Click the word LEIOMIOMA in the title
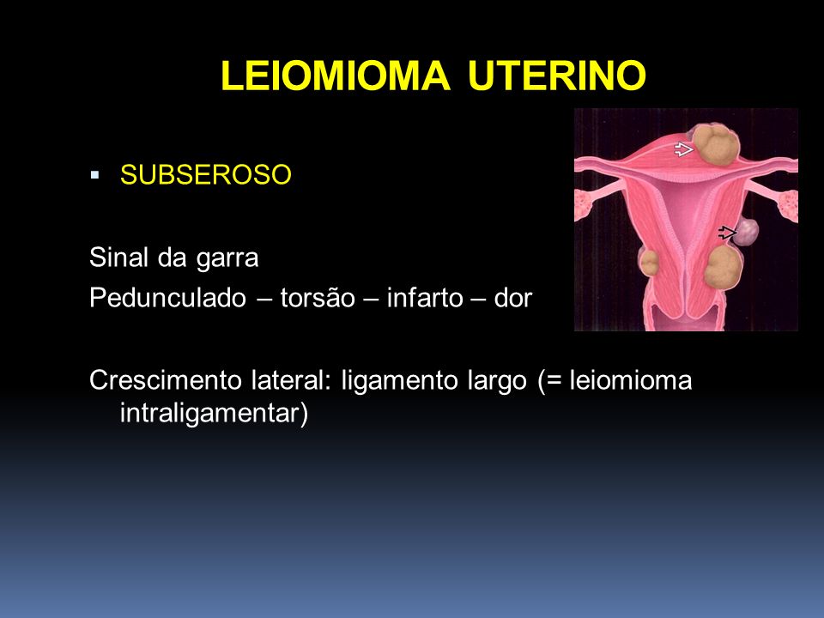point(336,76)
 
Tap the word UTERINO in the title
point(556,76)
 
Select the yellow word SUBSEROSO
point(205,174)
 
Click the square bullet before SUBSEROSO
point(94,174)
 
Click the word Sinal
point(118,257)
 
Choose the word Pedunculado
point(167,299)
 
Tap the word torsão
point(318,298)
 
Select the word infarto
point(425,298)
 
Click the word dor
point(513,298)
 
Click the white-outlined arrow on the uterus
point(684,149)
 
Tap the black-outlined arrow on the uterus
point(727,233)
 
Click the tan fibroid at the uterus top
point(716,144)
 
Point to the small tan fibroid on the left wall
point(650,263)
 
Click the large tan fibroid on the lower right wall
point(723,267)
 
